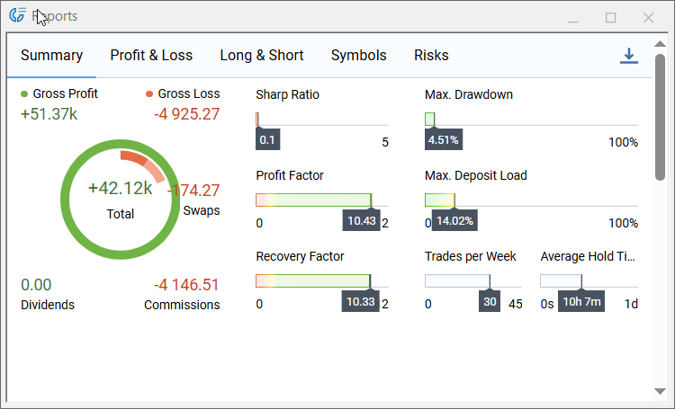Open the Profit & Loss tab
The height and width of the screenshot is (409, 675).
pyautogui.click(x=151, y=56)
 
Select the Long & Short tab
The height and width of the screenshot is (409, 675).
pyautogui.click(x=262, y=56)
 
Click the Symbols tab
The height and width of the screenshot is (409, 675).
pyautogui.click(x=358, y=56)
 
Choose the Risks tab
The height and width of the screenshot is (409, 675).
pyautogui.click(x=431, y=56)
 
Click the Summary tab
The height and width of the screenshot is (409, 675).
pyautogui.click(x=51, y=56)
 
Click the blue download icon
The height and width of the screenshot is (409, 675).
pyautogui.click(x=628, y=56)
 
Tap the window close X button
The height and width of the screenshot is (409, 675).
pyautogui.click(x=648, y=17)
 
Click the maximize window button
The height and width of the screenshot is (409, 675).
pyautogui.click(x=611, y=17)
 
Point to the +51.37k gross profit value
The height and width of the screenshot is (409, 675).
pyautogui.click(x=49, y=114)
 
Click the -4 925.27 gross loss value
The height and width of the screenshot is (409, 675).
pyautogui.click(x=186, y=114)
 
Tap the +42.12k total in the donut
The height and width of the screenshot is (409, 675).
pyautogui.click(x=121, y=189)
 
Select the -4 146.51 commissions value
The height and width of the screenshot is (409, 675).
pyautogui.click(x=186, y=285)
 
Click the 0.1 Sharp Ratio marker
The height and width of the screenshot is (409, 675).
pyautogui.click(x=267, y=140)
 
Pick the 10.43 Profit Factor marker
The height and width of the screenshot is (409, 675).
pyautogui.click(x=361, y=221)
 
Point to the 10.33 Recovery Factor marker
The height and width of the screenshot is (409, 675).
pyautogui.click(x=360, y=302)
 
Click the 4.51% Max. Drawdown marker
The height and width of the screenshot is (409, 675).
pyautogui.click(x=443, y=140)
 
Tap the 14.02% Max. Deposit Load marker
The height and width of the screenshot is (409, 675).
pyautogui.click(x=454, y=221)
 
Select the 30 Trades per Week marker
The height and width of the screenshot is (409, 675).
pyautogui.click(x=490, y=302)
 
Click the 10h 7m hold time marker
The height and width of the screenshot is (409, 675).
pyautogui.click(x=581, y=302)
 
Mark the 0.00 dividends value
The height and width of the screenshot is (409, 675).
pyautogui.click(x=36, y=285)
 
